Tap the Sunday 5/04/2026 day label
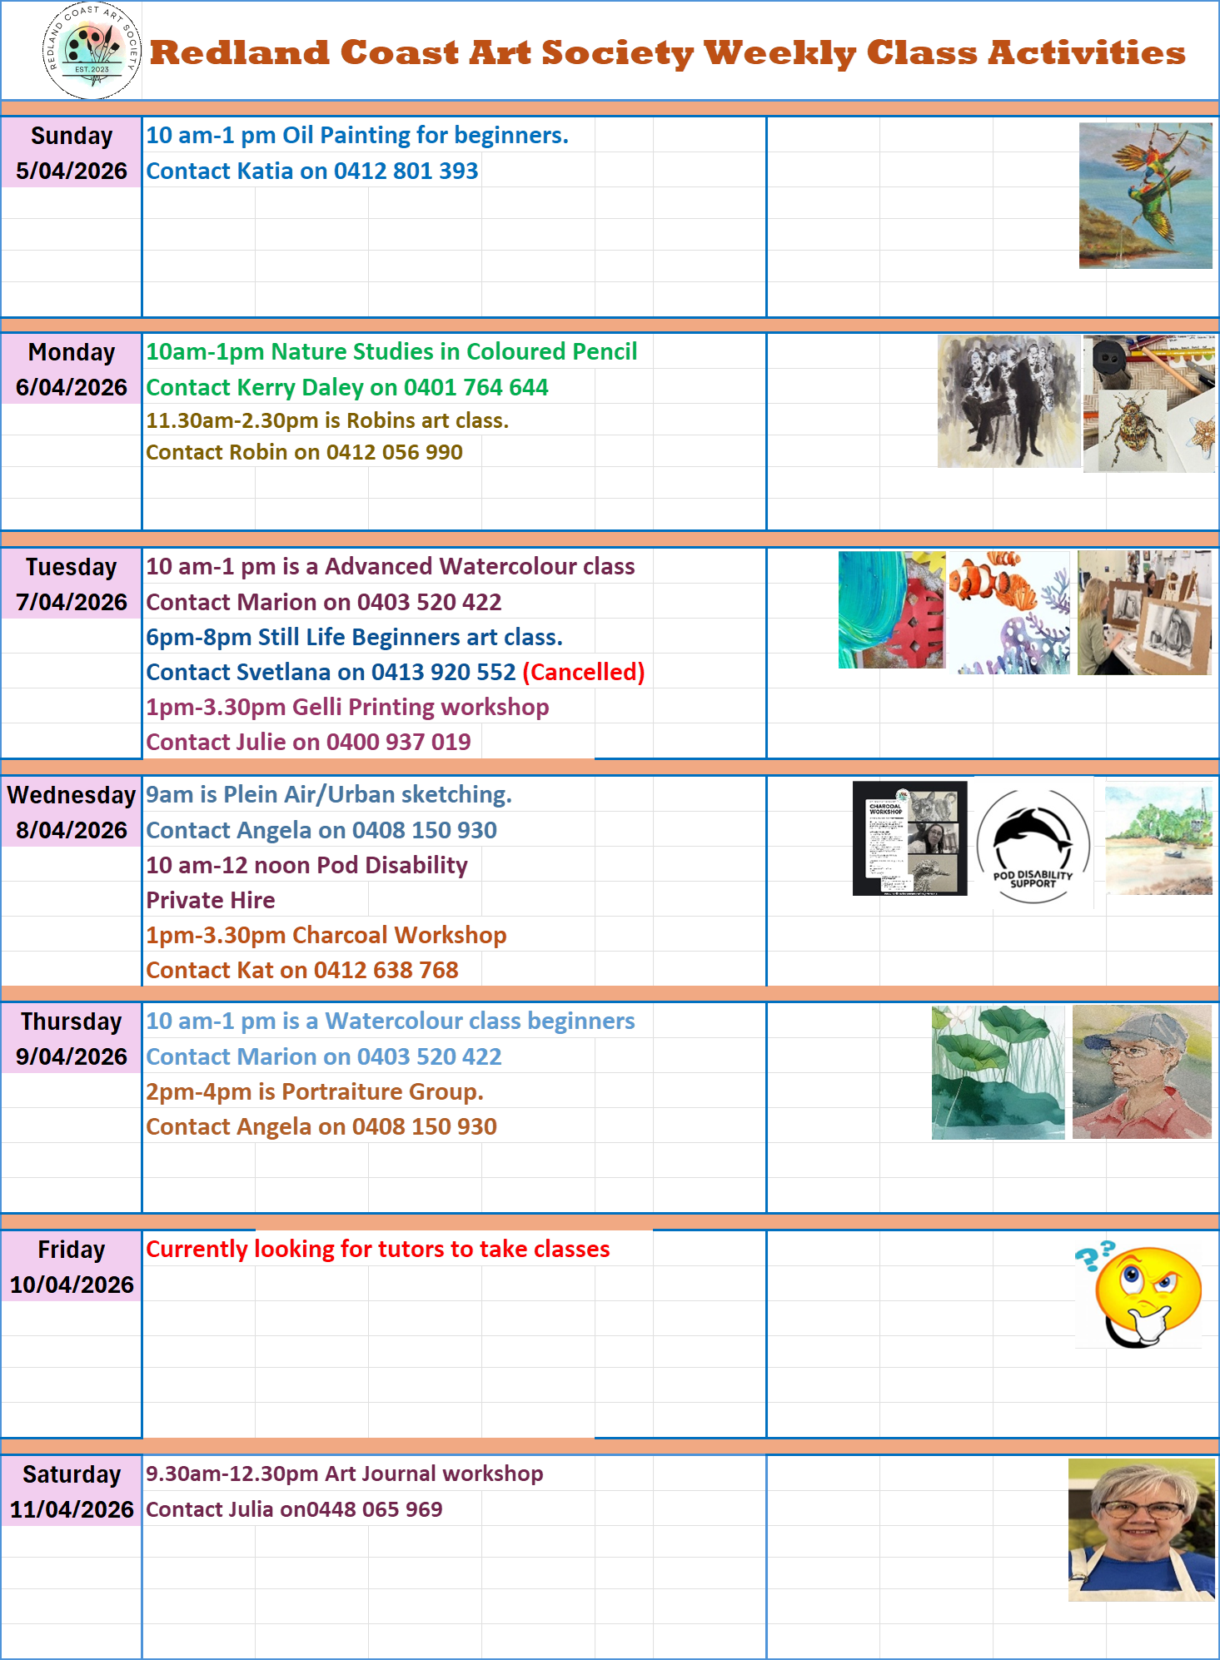72,154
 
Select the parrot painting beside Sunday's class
1148,196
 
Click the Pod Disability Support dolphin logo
1033,843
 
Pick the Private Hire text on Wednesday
211,902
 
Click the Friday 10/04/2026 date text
72,1285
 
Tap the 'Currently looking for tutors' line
378,1250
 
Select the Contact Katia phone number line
313,172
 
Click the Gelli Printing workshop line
348,709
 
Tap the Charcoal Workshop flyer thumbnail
913,847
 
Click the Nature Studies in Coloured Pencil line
390,354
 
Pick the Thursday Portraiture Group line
313,1092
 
